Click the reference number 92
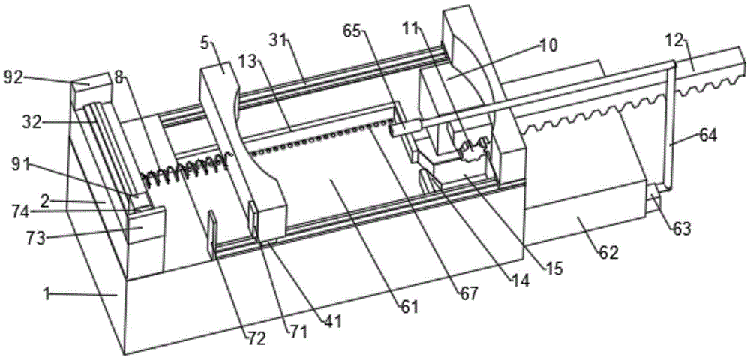click(13, 77)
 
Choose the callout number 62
click(608, 252)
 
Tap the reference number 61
click(409, 305)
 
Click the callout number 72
click(256, 338)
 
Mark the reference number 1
click(46, 295)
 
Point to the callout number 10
click(548, 46)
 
